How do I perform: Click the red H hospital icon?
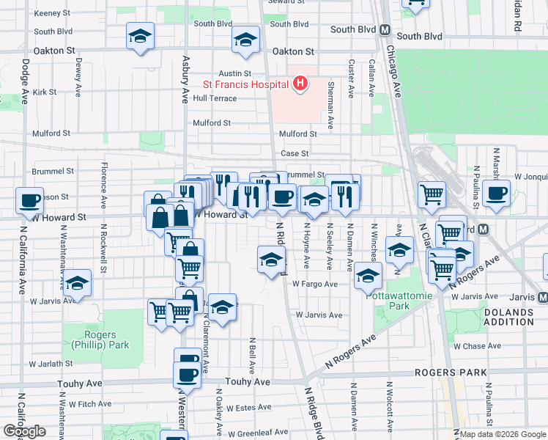tap(299, 84)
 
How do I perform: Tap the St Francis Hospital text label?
tap(245, 84)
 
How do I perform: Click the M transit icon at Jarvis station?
tap(542, 297)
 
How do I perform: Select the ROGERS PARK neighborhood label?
tap(450, 373)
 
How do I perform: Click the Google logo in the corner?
tap(24, 431)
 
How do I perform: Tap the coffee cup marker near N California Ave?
tap(30, 199)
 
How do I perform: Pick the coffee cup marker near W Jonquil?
tap(496, 195)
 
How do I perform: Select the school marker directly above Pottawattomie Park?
tap(368, 276)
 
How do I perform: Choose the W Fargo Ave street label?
tap(315, 284)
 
